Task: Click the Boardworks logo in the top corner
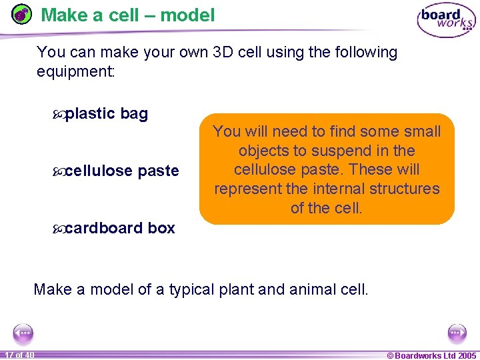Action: click(445, 21)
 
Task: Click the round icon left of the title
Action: click(22, 15)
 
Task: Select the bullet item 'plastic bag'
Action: click(107, 114)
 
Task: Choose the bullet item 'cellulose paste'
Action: click(122, 171)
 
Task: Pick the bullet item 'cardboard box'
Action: click(120, 228)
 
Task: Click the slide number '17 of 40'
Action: click(18, 355)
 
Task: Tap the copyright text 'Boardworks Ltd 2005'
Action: click(435, 355)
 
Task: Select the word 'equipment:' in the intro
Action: click(76, 71)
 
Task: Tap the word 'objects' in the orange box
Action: click(263, 151)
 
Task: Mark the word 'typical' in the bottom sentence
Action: click(194, 289)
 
